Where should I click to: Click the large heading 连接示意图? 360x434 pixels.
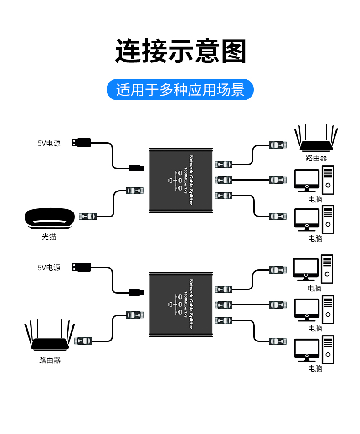tap(180, 51)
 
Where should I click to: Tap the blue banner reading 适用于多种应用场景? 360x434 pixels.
tap(180, 89)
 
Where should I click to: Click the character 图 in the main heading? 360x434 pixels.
tap(234, 51)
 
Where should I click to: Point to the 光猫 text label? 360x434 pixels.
tap(49, 237)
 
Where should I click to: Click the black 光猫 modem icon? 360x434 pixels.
tap(50, 218)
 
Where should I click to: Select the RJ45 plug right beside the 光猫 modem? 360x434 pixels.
tap(87, 217)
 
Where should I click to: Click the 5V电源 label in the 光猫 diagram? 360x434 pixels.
tap(49, 143)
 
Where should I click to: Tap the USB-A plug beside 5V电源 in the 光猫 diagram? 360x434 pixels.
tap(82, 143)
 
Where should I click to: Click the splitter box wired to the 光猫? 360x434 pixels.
tap(181, 181)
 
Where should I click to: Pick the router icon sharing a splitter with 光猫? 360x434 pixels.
tap(316, 138)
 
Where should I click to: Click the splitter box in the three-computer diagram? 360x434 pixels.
tap(181, 305)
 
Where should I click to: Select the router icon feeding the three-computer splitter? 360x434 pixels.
tap(50, 335)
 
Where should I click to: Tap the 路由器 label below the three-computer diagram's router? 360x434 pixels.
tap(50, 360)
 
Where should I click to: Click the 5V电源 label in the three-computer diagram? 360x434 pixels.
tap(49, 267)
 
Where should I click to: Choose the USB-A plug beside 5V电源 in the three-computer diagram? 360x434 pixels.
tap(82, 267)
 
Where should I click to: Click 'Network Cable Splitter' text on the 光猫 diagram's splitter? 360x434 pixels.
tap(191, 180)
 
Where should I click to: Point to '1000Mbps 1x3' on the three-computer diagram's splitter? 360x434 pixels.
tap(186, 304)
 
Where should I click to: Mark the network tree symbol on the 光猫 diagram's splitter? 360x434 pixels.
tap(175, 181)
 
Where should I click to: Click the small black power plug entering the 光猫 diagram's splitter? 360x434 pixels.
tap(136, 168)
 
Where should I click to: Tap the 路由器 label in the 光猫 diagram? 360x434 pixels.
tap(316, 158)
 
